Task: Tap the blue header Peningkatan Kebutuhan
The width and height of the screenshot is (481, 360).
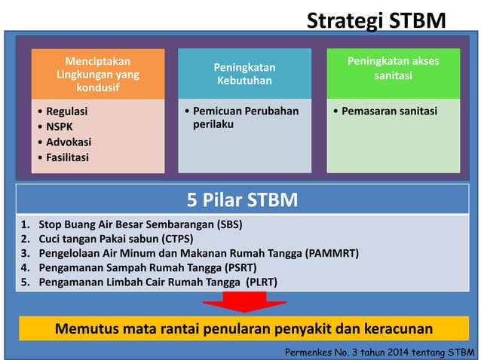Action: tap(244, 73)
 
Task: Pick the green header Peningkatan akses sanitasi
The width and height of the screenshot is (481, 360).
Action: tap(393, 69)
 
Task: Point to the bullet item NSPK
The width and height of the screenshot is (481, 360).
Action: tap(57, 127)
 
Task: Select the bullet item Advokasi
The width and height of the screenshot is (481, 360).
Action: tap(66, 142)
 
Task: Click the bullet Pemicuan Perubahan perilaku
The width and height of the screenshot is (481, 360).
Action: tap(246, 117)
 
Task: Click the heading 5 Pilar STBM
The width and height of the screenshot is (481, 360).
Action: tap(242, 200)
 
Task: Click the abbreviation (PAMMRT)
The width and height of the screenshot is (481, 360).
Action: tap(331, 253)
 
